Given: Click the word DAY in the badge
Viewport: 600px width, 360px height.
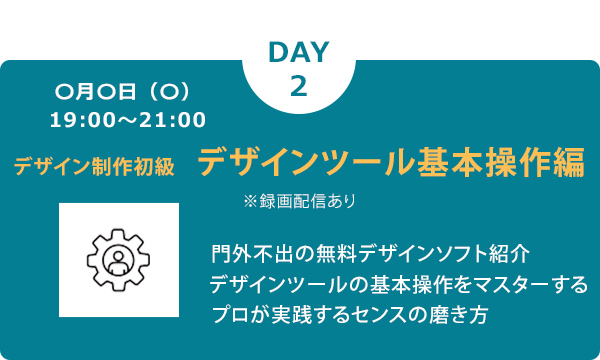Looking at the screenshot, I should [x=299, y=52].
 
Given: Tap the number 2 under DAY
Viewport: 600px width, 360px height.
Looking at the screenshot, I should [x=299, y=85].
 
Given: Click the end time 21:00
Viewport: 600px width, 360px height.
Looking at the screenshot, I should [x=176, y=121].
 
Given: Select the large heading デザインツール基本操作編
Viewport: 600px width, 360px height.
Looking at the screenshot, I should [x=391, y=162].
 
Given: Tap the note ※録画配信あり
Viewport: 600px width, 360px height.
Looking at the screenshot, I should [x=299, y=200].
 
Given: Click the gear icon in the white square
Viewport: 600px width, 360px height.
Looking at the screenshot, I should [x=119, y=259].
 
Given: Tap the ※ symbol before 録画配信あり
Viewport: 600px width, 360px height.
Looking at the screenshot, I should [x=250, y=200].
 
